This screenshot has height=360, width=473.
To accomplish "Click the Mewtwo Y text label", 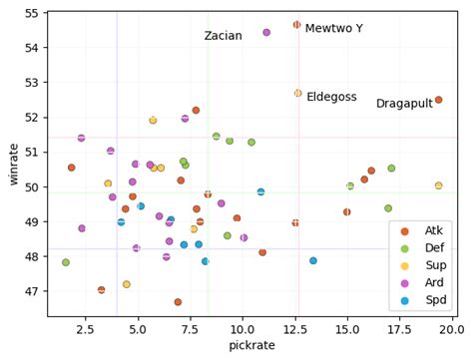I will pyautogui.click(x=333, y=29).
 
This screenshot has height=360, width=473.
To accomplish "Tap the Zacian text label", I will pyautogui.click(x=223, y=36).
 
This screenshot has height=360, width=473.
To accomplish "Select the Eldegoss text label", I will pyautogui.click(x=331, y=97).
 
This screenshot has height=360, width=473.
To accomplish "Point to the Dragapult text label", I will pyautogui.click(x=404, y=104).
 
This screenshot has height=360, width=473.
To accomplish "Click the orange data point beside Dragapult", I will pyautogui.click(x=438, y=100).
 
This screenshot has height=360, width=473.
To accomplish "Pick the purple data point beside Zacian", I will pyautogui.click(x=266, y=32).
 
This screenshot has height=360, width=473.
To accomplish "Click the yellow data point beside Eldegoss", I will pyautogui.click(x=297, y=93).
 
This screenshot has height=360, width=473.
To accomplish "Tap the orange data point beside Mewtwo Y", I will pyautogui.click(x=296, y=25).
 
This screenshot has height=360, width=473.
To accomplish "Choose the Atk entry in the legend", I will pyautogui.click(x=433, y=230).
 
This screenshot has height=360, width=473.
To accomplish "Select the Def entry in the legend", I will pyautogui.click(x=433, y=248).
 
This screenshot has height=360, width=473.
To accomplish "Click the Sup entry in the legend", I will pyautogui.click(x=433, y=266).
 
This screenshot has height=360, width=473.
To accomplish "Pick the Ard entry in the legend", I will pyautogui.click(x=433, y=284).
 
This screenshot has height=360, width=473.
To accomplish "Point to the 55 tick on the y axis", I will pyautogui.click(x=32, y=13).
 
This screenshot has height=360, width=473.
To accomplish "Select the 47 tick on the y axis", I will pyautogui.click(x=32, y=291).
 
